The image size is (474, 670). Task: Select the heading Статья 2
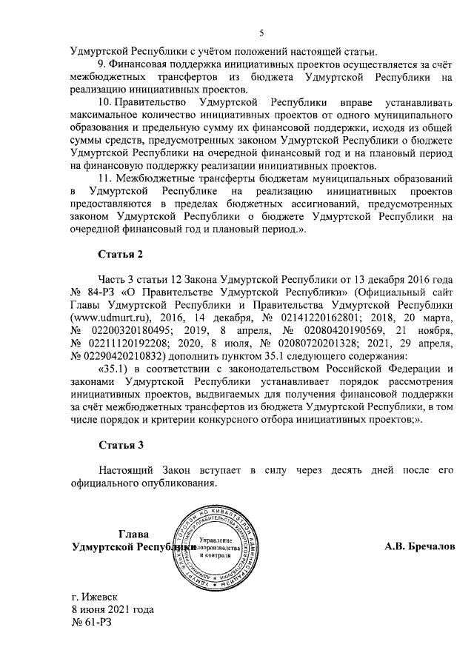(x=121, y=255)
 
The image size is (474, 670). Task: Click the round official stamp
(x=216, y=546)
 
